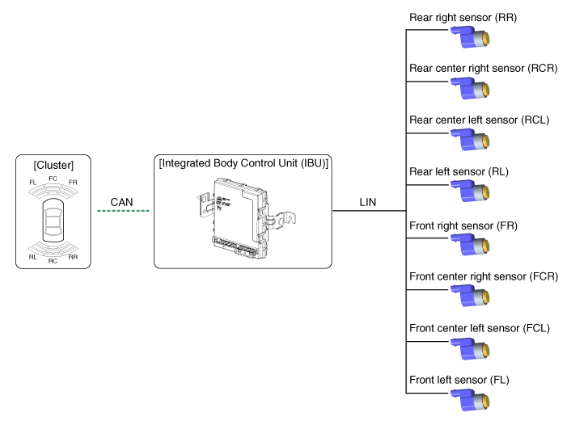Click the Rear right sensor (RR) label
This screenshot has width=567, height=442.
[x=463, y=17]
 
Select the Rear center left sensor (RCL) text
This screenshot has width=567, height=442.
[x=480, y=120]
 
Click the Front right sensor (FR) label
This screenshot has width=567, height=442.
[x=463, y=225]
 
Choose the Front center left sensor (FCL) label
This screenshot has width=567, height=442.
[x=480, y=328]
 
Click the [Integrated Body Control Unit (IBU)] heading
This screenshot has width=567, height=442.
[x=243, y=163]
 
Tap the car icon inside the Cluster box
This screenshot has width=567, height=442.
[x=53, y=221]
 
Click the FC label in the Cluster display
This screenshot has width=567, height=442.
[x=53, y=178]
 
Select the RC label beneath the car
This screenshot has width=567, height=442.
[x=53, y=261]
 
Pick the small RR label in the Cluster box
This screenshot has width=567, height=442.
[x=74, y=257]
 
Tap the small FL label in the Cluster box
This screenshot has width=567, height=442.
[x=33, y=183]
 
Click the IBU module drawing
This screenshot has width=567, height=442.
[x=243, y=217]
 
